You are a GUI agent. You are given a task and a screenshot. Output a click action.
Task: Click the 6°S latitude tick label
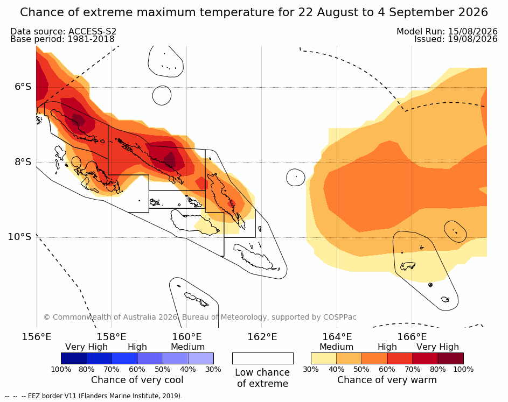point(23,87)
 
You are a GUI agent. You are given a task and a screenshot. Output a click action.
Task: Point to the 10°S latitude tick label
point(19,237)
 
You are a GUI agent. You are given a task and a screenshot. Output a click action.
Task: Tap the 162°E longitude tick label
point(262,337)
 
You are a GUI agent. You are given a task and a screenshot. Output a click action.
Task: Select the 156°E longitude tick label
point(37,337)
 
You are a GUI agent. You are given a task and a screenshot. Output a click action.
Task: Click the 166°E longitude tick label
point(412,337)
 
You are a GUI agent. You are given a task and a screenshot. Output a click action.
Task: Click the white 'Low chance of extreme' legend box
point(263,358)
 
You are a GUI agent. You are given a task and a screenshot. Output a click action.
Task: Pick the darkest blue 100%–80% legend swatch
point(74,358)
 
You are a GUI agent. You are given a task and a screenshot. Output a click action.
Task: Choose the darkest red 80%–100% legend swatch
point(451,358)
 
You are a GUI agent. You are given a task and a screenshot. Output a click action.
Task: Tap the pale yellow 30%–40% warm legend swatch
point(324,358)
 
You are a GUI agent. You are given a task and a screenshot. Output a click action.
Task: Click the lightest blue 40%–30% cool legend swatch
point(201,358)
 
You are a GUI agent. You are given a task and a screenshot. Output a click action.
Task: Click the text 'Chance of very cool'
point(137,380)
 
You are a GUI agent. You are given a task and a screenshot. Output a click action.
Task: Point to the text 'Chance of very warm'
point(387,380)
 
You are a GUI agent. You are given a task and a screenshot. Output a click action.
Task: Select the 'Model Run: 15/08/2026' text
point(447,31)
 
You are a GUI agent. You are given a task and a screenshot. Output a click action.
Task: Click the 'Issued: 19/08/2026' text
point(456,39)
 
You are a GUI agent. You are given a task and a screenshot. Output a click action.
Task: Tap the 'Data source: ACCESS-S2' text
point(63,31)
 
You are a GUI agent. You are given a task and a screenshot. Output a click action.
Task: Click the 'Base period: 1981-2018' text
point(62,39)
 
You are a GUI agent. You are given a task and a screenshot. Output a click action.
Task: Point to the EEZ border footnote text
point(94,396)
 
